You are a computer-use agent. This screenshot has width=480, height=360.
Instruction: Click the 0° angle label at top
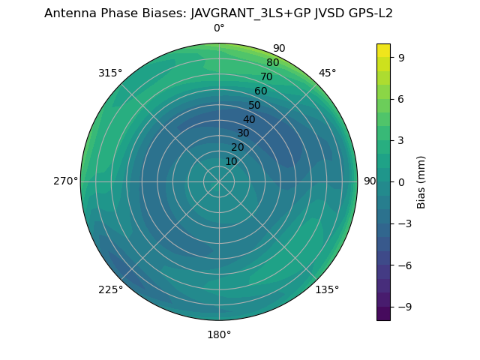[219, 28]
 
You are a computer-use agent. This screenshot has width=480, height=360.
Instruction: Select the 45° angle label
[327, 73]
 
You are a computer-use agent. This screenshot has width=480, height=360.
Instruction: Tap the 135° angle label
[327, 289]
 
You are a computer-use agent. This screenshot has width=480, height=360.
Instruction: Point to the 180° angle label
[219, 334]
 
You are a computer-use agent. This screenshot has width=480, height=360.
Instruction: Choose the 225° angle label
[110, 289]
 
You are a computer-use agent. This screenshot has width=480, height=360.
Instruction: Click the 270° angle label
[65, 181]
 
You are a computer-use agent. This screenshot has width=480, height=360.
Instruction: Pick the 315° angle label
[110, 73]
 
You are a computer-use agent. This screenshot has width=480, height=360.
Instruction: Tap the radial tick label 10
[231, 161]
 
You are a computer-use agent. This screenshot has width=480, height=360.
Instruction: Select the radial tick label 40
[249, 119]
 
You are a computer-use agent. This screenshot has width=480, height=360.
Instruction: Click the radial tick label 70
[267, 76]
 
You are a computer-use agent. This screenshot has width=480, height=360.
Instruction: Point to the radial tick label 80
[272, 63]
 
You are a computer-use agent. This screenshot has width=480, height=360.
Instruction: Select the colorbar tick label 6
[401, 98]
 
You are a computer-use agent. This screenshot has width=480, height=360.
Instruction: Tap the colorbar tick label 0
[401, 181]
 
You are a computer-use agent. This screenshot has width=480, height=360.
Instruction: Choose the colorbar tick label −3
[404, 223]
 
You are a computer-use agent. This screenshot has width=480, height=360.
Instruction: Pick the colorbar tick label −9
[404, 307]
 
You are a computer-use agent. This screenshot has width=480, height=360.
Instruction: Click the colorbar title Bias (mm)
[421, 181]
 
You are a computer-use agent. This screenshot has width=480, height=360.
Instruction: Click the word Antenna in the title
[68, 13]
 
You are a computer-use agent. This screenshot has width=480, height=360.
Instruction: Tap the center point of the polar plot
[219, 181]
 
